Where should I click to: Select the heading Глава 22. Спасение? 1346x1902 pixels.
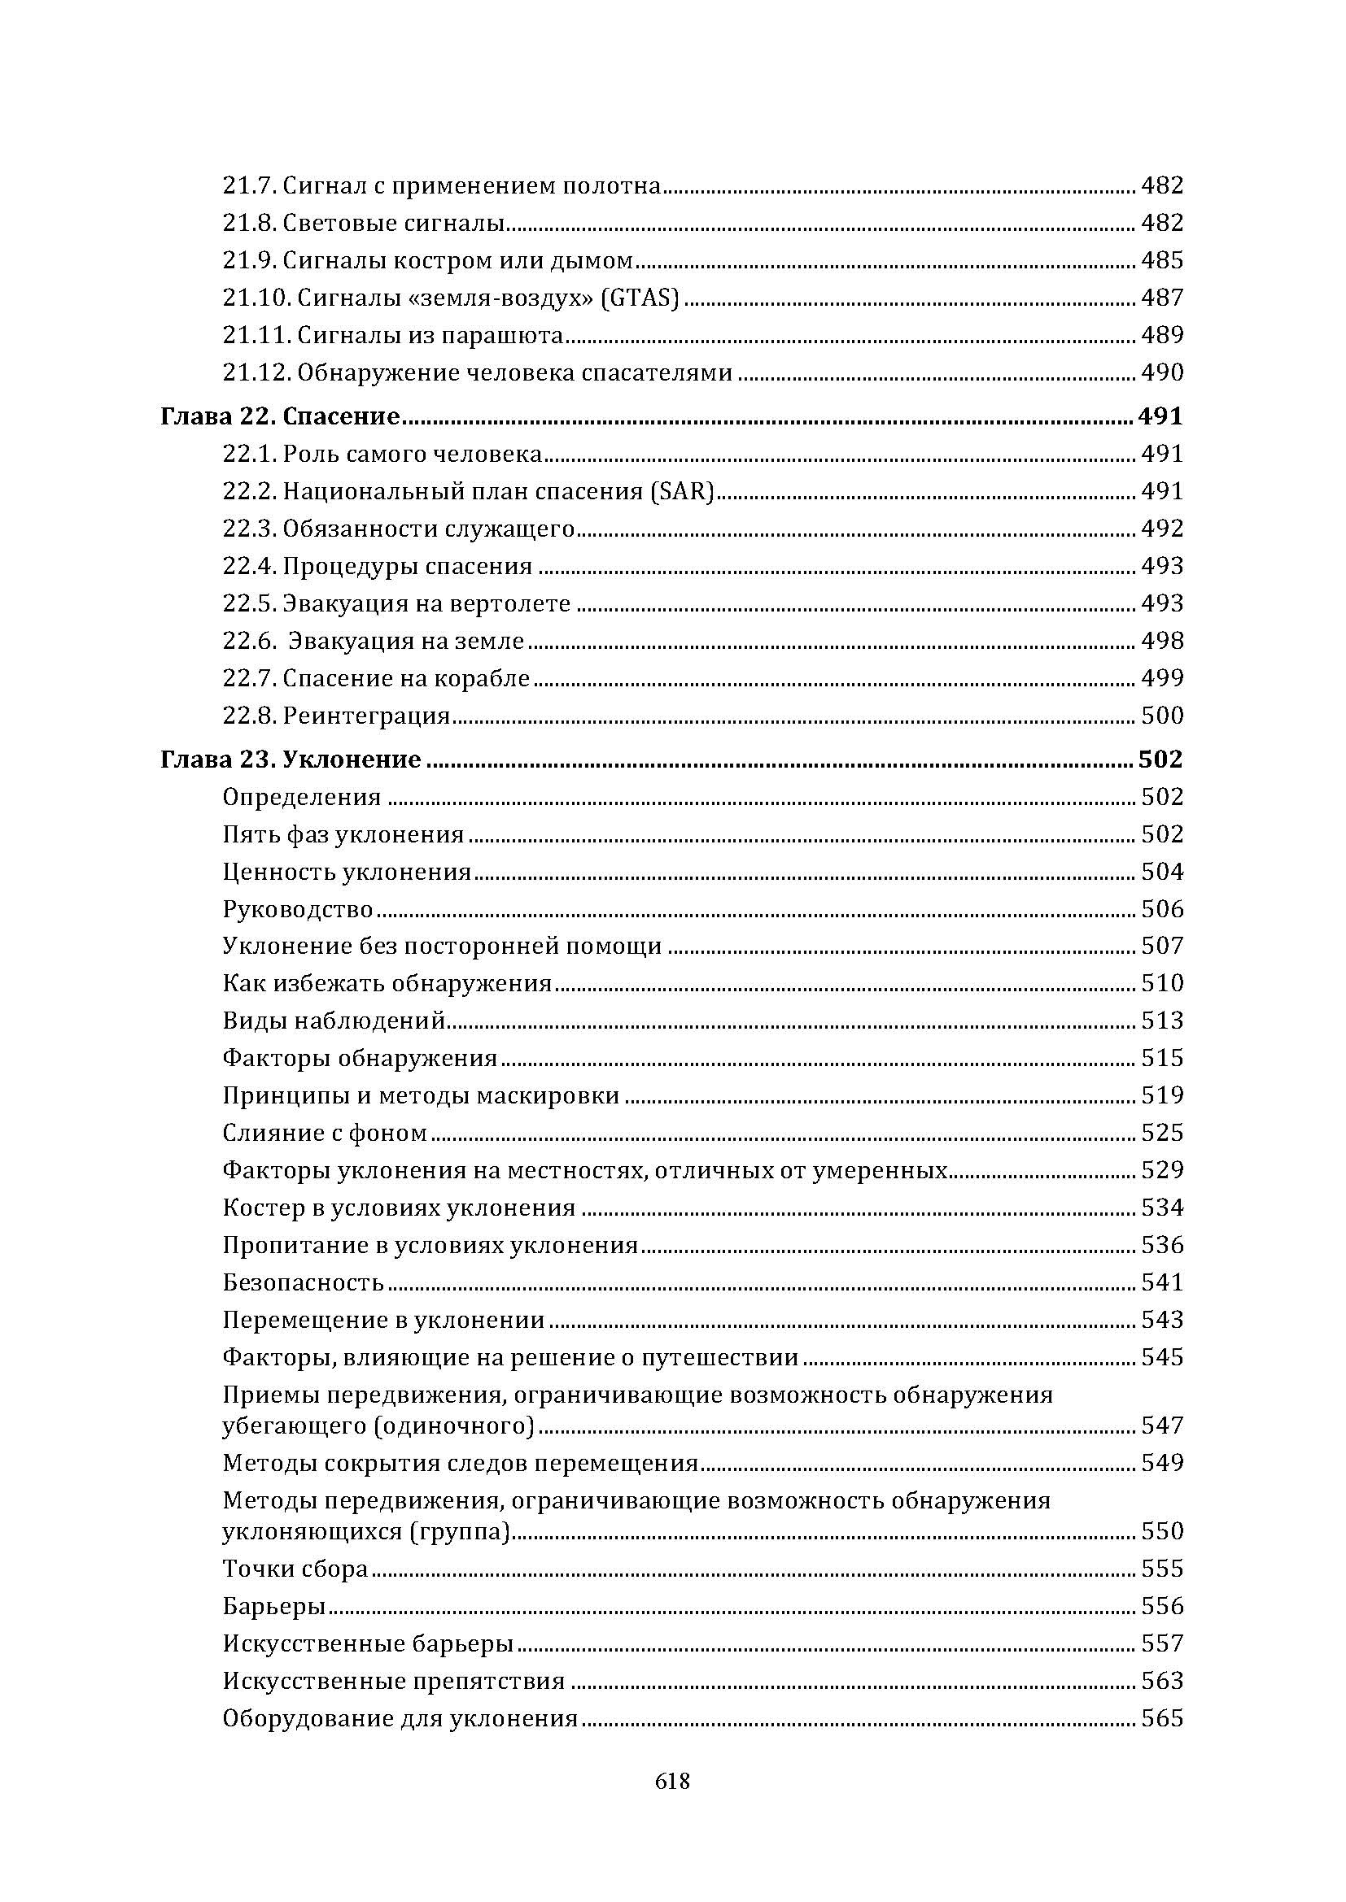280,416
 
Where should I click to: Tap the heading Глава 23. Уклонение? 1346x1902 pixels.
290,759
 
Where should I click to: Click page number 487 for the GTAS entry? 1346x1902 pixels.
1162,298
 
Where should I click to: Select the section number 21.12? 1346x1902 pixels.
256,372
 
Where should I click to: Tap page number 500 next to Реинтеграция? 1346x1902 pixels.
1162,715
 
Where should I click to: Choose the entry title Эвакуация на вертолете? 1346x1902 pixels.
426,603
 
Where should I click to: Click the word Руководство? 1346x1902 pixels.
299,909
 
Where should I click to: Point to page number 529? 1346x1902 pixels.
1162,1169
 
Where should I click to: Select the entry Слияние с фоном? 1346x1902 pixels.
325,1133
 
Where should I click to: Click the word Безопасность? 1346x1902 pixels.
304,1282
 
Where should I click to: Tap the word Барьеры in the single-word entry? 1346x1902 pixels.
273,1606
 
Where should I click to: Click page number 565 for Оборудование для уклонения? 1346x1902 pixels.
1162,1718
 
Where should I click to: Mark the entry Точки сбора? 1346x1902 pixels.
295,1569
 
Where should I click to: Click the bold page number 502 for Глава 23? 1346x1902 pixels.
1160,759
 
